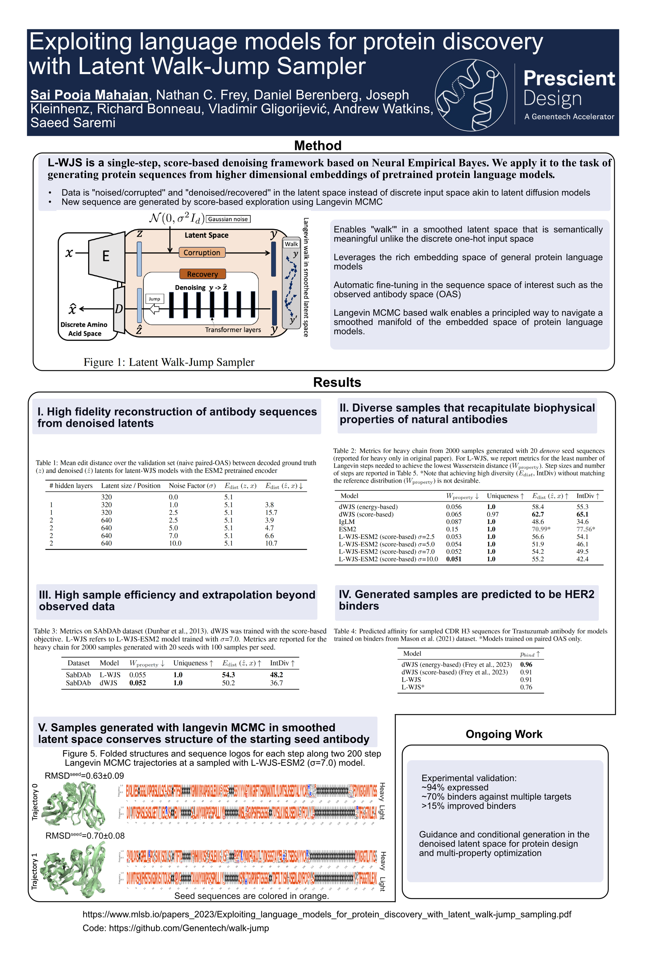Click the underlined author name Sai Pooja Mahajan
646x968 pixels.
click(89, 95)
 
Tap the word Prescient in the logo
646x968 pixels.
click(569, 78)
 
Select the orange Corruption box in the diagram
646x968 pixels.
click(202, 252)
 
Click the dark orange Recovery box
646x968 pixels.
click(202, 274)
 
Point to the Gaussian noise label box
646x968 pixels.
click(228, 219)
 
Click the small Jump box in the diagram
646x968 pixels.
click(154, 299)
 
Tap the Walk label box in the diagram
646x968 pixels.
click(291, 244)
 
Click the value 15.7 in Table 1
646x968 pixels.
click(271, 512)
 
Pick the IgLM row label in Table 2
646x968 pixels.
click(347, 521)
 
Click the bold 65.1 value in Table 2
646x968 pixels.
click(582, 514)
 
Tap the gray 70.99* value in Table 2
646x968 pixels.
click(541, 529)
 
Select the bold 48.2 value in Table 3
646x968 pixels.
click(277, 675)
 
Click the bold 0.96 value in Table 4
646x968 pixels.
click(526, 664)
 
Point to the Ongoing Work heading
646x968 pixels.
click(504, 734)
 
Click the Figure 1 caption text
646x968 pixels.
click(169, 362)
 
